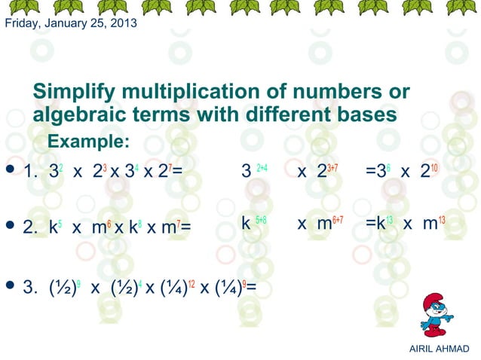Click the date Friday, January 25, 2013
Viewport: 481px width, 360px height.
coord(71,23)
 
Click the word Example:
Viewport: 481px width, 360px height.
coord(88,142)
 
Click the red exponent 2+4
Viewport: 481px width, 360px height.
coord(262,166)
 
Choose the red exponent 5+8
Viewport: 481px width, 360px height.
coord(260,220)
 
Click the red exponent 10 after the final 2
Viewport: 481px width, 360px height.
coord(435,166)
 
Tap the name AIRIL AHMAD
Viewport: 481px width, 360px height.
coord(437,348)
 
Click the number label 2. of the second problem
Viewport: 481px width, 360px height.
coord(31,226)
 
